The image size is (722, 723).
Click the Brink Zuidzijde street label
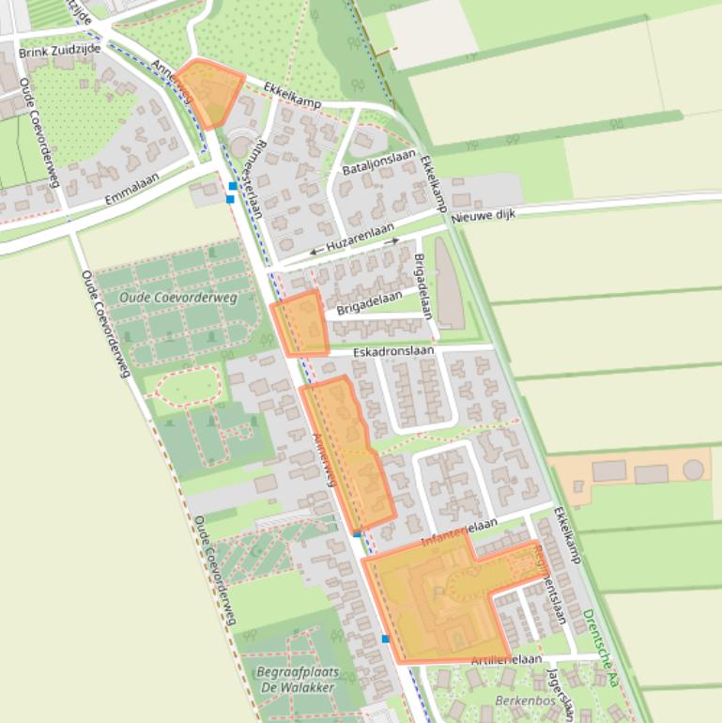coord(54,53)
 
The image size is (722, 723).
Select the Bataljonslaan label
coord(378,160)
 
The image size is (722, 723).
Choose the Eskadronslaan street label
coord(393,351)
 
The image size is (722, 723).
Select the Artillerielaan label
coord(507,660)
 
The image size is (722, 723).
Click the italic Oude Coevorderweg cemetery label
coord(178,298)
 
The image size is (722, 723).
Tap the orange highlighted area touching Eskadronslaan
coord(300,324)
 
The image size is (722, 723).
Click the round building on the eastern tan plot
coord(693,468)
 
